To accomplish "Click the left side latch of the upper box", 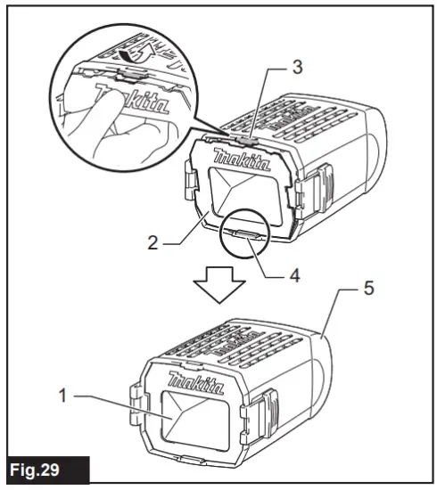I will tap(189, 182).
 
